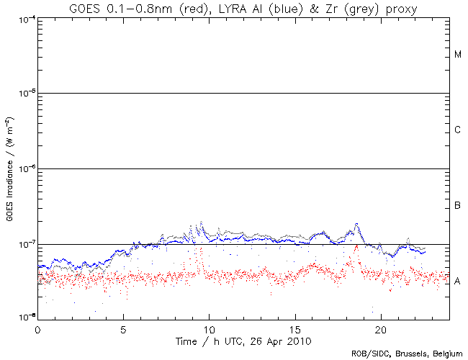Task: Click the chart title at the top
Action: coord(243,8)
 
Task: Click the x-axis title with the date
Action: coord(243,339)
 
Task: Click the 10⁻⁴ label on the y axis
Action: coord(24,19)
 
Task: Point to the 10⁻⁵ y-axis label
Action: coord(24,94)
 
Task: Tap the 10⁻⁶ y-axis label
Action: coord(24,168)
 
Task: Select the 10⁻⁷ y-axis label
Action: coord(24,244)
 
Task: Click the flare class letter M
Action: coord(457,55)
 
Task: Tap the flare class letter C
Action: coord(457,130)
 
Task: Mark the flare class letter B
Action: coord(457,206)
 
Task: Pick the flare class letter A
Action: coord(457,281)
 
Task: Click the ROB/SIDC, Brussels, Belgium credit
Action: coord(408,354)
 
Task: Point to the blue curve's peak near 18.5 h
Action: coord(356,224)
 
